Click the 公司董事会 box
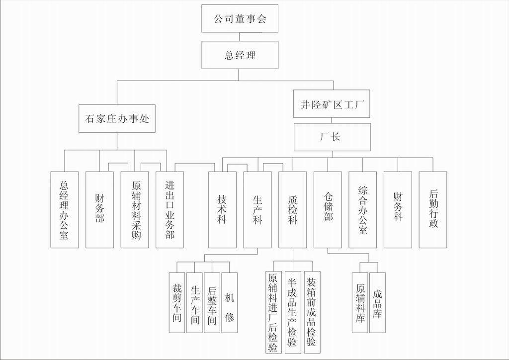[240, 19]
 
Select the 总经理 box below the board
[240, 55]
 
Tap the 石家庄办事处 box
[117, 118]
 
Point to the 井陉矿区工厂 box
[332, 104]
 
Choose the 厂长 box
[332, 137]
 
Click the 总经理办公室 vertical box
[64, 210]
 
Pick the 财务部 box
[99, 210]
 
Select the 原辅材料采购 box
[135, 210]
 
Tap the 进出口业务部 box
[170, 210]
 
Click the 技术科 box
[222, 210]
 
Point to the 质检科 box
[292, 210]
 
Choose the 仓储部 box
[328, 210]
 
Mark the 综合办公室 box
[362, 210]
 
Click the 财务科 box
[398, 210]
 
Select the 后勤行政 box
[432, 210]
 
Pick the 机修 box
[229, 302]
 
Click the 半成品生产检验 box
[293, 312]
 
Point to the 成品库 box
[377, 302]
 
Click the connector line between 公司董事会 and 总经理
[240, 37]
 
